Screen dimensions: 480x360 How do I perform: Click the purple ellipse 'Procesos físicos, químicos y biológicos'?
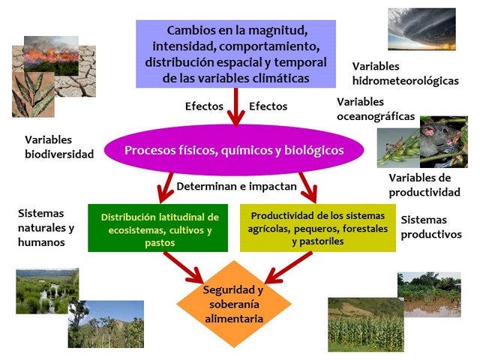[x=234, y=150]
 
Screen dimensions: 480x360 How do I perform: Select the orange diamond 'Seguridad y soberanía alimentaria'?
[x=234, y=304]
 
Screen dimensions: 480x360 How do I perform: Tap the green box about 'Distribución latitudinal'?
[x=158, y=228]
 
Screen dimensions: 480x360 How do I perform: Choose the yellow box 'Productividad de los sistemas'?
[x=318, y=228]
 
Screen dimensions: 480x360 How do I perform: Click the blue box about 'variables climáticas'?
[x=235, y=54]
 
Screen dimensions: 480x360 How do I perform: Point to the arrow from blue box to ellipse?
[x=235, y=107]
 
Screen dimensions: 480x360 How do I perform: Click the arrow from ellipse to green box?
[x=165, y=187]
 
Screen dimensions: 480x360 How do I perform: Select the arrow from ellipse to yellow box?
[x=308, y=187]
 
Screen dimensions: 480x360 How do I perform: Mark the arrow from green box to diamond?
[x=183, y=267]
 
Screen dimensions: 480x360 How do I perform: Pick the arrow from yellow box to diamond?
[x=288, y=267]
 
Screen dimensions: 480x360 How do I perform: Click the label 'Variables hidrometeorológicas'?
[x=405, y=73]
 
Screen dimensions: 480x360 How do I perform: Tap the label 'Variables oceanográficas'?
[x=376, y=109]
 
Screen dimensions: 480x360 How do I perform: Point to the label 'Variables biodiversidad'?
[x=59, y=147]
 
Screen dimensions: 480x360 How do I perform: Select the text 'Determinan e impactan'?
[x=237, y=187]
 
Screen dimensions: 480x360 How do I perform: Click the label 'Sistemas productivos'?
[x=431, y=226]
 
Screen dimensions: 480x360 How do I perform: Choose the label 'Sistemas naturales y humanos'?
[x=46, y=227]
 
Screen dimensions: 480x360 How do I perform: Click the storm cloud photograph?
[x=421, y=29]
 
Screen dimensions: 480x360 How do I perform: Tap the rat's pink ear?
[x=427, y=130]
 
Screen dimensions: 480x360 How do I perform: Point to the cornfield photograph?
[x=366, y=325]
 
